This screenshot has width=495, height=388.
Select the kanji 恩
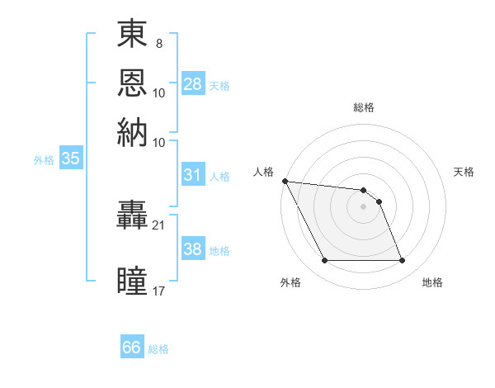(133, 83)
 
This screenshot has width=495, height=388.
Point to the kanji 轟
(133, 218)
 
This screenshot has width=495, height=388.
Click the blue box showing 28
(193, 84)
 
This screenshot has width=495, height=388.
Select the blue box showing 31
(192, 175)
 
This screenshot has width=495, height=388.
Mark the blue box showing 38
(192, 249)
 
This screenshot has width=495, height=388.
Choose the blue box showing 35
(70, 159)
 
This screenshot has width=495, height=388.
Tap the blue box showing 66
(132, 348)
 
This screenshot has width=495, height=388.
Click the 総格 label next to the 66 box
(159, 349)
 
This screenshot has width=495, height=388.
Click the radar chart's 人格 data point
(285, 181)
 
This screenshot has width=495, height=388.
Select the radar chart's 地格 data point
(403, 261)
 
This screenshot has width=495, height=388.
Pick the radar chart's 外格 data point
(324, 261)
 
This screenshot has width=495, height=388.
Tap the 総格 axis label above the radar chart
(364, 107)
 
